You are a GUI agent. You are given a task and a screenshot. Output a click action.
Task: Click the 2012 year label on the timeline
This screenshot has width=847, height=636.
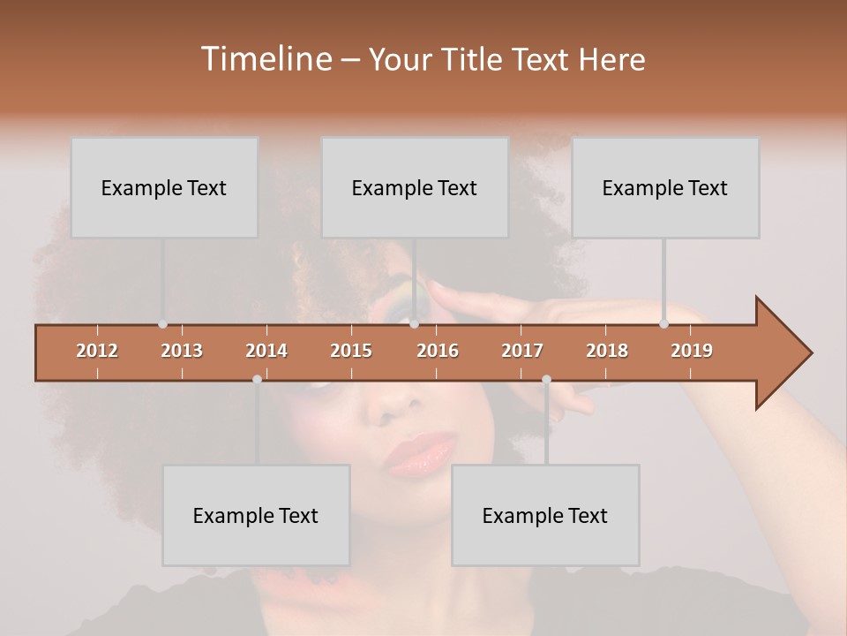click(x=97, y=351)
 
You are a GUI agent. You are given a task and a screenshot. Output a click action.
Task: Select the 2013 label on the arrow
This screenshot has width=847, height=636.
click(x=182, y=351)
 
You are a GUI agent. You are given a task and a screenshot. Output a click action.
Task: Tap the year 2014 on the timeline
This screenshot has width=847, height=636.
click(x=266, y=351)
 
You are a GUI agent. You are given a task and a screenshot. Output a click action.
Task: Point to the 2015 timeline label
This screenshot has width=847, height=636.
click(x=351, y=351)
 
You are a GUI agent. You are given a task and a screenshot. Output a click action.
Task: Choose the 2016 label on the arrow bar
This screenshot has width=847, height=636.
click(x=438, y=351)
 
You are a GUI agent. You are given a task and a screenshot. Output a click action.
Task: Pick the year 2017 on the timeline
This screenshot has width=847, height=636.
click(x=522, y=351)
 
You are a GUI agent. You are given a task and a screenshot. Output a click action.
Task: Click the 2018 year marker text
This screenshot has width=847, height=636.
click(x=607, y=351)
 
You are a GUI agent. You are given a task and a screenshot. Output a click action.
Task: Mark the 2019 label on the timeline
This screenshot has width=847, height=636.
click(x=692, y=351)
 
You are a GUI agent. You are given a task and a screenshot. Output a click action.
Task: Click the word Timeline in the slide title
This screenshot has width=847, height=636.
click(x=266, y=59)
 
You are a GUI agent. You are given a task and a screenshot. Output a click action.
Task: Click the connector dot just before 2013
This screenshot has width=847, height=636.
click(x=162, y=324)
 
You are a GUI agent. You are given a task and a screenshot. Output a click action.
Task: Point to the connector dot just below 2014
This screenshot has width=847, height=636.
click(x=257, y=379)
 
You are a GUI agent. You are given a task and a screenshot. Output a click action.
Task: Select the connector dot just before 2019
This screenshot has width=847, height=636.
click(x=663, y=324)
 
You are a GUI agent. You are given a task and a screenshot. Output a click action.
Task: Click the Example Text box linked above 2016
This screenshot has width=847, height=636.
click(x=415, y=187)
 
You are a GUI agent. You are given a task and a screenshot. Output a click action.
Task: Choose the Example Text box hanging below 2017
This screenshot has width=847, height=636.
click(x=545, y=515)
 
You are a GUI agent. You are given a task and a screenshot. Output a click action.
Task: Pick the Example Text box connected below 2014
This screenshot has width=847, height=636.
click(x=256, y=515)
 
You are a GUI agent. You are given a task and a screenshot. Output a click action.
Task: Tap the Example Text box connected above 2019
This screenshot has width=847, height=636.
click(x=665, y=187)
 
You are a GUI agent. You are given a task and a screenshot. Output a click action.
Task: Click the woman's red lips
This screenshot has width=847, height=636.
click(x=419, y=453)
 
